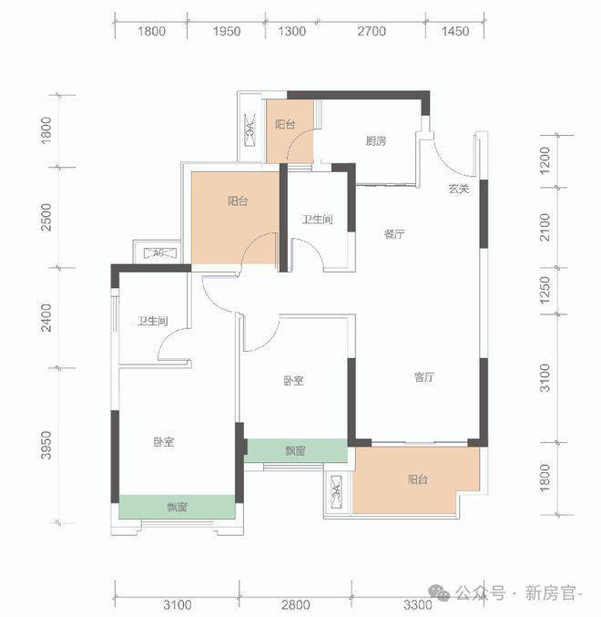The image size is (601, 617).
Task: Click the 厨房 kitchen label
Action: [376, 140]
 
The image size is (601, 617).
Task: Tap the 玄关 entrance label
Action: [459, 189]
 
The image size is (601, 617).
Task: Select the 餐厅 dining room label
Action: [394, 234]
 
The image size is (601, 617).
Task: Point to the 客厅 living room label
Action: [424, 377]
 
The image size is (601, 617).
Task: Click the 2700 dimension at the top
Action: [372, 31]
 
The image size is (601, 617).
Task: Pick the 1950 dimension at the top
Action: [227, 31]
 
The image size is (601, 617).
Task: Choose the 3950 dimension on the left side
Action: [46, 445]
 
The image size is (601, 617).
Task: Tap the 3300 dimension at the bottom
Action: [418, 604]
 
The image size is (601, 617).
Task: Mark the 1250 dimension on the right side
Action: [545, 291]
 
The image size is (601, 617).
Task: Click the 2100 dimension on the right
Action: [545, 228]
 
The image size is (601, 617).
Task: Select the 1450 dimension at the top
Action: [454, 31]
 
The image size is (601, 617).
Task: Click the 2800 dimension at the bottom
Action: [296, 604]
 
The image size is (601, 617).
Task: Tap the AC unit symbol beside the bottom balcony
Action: [336, 491]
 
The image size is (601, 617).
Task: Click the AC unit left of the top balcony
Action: [250, 129]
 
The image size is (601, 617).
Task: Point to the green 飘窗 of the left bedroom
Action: [178, 507]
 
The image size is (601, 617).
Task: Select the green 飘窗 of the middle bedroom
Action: [296, 450]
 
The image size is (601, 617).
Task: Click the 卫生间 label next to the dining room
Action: [318, 219]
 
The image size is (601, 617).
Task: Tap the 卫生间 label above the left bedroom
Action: [152, 321]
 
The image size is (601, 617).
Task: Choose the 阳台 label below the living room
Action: [418, 479]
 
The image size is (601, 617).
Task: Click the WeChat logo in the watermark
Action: [439, 593]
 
